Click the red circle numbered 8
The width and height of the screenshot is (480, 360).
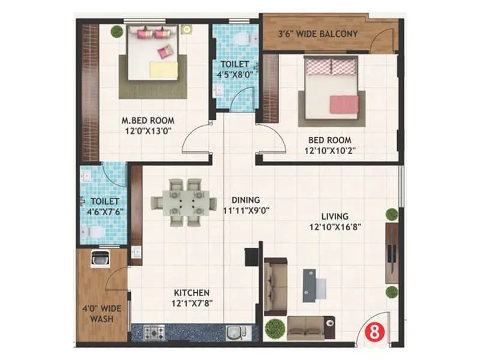click(x=374, y=332)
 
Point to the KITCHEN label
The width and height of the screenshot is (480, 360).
click(x=191, y=292)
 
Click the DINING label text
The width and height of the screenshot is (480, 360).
click(x=247, y=200)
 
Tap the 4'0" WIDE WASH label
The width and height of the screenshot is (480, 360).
click(x=101, y=314)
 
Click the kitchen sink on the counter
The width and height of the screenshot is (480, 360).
click(x=233, y=332)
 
